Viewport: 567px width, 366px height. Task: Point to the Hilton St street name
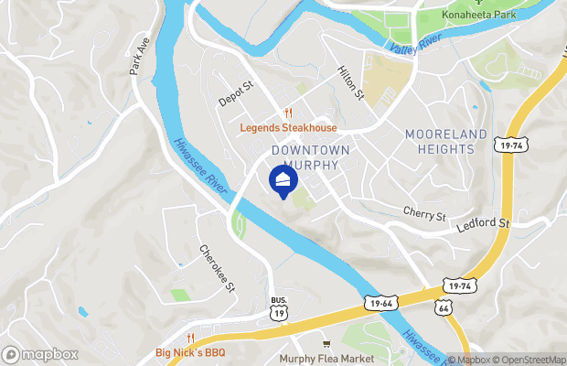(x=350, y=83)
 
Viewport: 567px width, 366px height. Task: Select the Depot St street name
(x=234, y=91)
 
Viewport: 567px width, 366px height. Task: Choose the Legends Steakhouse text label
(x=288, y=128)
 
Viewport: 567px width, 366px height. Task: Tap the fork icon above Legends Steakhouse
(x=288, y=113)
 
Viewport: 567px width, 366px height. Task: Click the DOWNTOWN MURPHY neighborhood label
(x=305, y=157)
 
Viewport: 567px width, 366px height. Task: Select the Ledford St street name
(x=483, y=222)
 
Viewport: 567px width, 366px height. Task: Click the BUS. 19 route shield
(x=279, y=307)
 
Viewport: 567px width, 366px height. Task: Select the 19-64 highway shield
(x=383, y=300)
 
